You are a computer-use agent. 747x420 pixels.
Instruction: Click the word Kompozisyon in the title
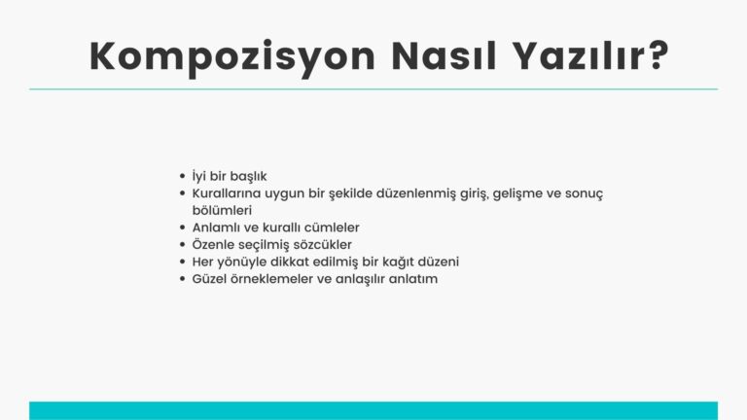pyautogui.click(x=231, y=56)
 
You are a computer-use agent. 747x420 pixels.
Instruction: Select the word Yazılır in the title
pyautogui.click(x=576, y=56)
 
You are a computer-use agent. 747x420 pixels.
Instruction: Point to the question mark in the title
pyautogui.click(x=655, y=56)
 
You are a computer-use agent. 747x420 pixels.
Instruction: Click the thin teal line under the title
pyautogui.click(x=373, y=89)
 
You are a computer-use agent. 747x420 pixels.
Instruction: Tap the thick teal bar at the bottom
pyautogui.click(x=373, y=410)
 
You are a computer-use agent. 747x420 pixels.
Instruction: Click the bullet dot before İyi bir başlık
pyautogui.click(x=182, y=177)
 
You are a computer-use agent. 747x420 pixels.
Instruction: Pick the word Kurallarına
pyautogui.click(x=228, y=193)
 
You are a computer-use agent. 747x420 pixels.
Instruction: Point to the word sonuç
pyautogui.click(x=584, y=193)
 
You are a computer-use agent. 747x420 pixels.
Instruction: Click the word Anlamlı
pyautogui.click(x=218, y=227)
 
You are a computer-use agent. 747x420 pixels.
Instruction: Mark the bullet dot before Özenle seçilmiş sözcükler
pyautogui.click(x=182, y=245)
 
